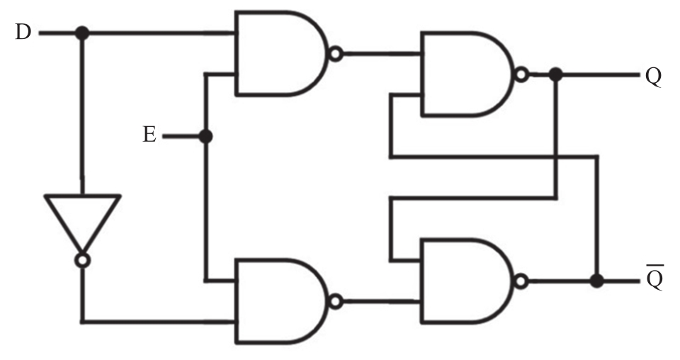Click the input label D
pos(23,33)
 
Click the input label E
pos(149,135)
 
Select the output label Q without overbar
pos(653,76)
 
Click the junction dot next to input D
pos(82,33)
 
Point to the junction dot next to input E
pos(206,136)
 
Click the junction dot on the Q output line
pos(556,74)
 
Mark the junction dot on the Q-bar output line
pos(596,281)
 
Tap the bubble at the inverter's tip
pos(82,261)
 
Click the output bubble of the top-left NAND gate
pos(336,53)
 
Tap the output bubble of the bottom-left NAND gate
pos(336,301)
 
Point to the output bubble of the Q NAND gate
pos(523,74)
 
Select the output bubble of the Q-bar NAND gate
pos(523,281)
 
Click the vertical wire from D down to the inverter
pos(82,113)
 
